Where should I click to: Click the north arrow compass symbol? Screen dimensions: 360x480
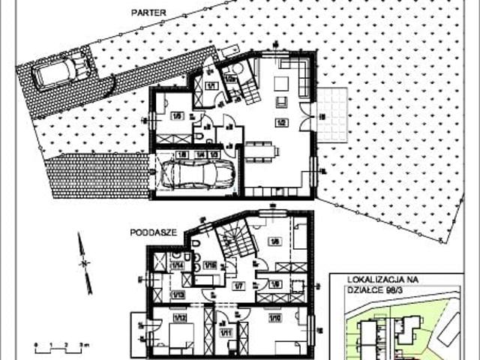click(x=85, y=262)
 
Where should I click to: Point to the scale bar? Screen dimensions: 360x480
click(x=61, y=346)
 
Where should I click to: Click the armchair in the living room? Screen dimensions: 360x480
click(x=281, y=101)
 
